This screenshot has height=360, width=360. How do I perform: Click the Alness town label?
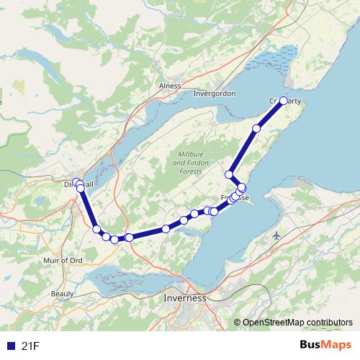(171, 85)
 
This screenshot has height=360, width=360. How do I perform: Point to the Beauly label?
(63, 294)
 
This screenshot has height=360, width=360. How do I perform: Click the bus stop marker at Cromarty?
(284, 102)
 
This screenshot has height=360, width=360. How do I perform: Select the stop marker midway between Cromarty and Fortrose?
(256, 128)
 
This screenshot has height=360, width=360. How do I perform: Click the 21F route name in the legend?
(30, 346)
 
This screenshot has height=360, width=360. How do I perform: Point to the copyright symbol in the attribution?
(238, 323)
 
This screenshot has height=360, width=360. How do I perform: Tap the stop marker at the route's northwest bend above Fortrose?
(230, 174)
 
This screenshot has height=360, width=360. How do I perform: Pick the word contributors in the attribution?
(326, 323)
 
